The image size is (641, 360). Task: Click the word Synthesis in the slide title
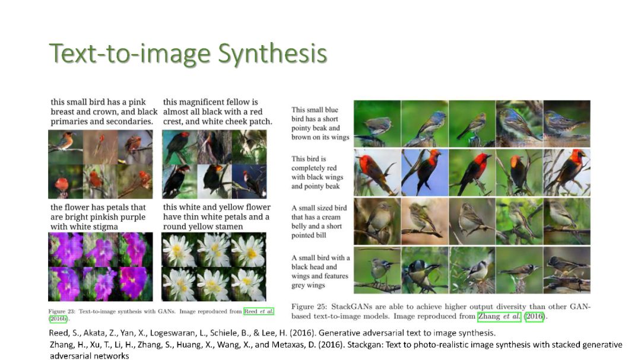tap(272, 53)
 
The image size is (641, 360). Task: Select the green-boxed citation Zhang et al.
tap(499, 316)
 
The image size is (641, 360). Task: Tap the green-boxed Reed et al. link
tap(258, 311)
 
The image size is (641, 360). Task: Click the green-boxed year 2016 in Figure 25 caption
tap(534, 316)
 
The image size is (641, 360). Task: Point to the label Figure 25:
tap(309, 307)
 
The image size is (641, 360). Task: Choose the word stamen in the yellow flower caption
tap(229, 227)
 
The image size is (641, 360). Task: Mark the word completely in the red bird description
tap(309, 168)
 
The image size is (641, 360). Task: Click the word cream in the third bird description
tap(331, 217)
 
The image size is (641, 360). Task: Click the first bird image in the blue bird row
tap(377, 124)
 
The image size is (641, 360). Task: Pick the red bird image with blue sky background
tap(425, 173)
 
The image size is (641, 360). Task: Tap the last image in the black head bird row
tap(567, 270)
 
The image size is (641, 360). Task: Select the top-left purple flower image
tap(66, 250)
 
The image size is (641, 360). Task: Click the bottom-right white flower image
tap(249, 284)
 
